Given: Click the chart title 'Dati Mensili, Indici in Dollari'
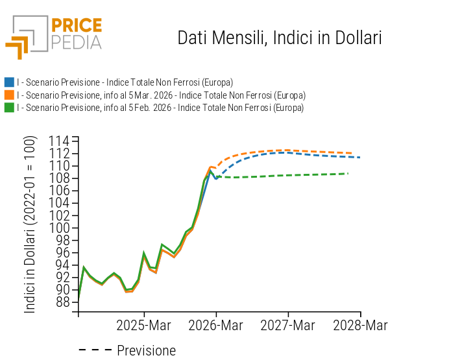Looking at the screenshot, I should point(279,38).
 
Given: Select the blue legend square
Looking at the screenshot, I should point(9,82).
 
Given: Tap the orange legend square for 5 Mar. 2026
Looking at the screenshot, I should point(9,95).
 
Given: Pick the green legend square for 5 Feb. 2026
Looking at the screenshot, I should point(9,108).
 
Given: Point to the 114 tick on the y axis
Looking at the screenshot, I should point(60,141).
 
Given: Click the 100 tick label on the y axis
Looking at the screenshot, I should point(60,228).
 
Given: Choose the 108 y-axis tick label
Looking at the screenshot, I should point(60,178).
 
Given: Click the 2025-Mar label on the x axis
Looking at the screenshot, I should point(144,324).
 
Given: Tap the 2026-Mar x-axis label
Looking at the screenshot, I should point(216,324).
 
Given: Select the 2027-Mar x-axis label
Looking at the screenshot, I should point(288,324).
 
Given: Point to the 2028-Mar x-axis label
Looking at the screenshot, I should point(360,324).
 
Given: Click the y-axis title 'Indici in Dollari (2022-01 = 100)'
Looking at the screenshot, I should point(30,224).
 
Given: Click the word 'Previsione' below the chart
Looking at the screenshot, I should point(146,351).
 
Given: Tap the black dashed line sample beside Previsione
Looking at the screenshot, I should point(95,351).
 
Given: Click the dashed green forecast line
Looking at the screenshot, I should point(292,175).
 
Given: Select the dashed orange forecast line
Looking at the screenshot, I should point(292,150).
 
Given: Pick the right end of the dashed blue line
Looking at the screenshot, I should point(359,157).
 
